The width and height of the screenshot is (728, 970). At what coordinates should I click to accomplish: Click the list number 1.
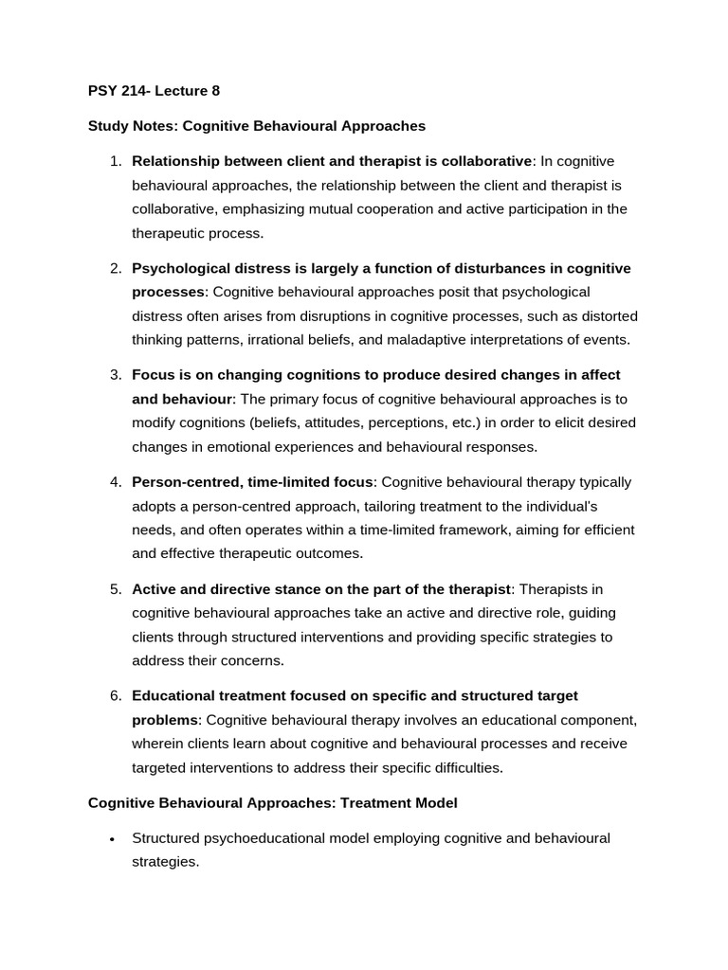click(x=115, y=161)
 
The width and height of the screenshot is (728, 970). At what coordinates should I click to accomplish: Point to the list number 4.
click(x=115, y=482)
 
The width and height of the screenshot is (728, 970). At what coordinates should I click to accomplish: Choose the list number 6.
click(x=115, y=696)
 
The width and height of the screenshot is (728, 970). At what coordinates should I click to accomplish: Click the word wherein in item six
click(x=157, y=744)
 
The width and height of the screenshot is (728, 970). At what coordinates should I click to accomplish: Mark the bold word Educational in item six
click(x=173, y=696)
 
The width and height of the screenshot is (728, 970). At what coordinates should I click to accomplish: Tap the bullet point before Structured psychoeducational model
click(x=113, y=839)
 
